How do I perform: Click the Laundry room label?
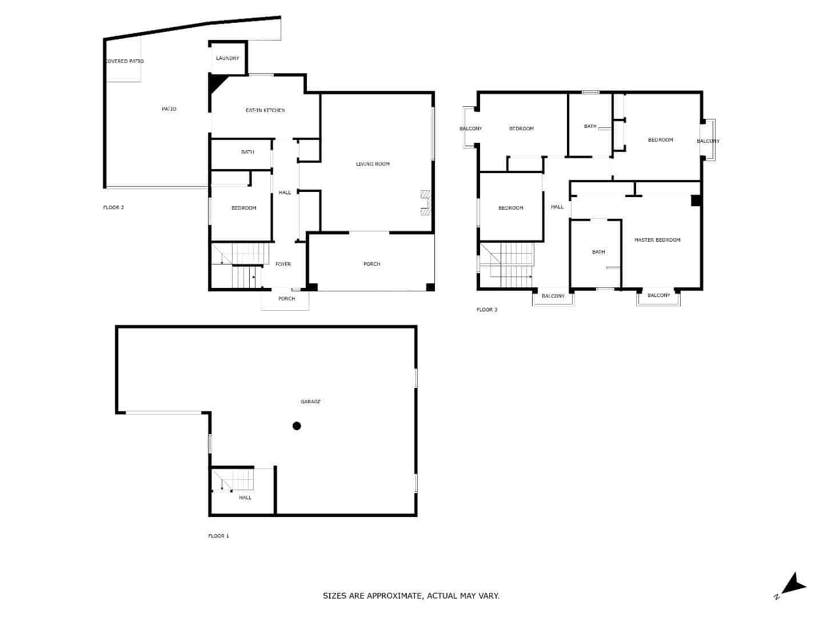pyautogui.click(x=227, y=58)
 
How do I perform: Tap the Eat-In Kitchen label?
pyautogui.click(x=265, y=110)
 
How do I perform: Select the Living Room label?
pyautogui.click(x=373, y=164)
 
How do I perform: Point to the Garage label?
pyautogui.click(x=310, y=402)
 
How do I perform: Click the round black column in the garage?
pyautogui.click(x=297, y=426)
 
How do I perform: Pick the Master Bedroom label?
pyautogui.click(x=657, y=240)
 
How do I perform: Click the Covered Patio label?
pyautogui.click(x=125, y=61)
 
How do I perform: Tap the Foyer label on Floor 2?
pyautogui.click(x=283, y=264)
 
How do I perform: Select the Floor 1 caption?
pyautogui.click(x=218, y=536)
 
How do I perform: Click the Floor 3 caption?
pyautogui.click(x=487, y=310)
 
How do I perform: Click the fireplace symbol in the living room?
pyautogui.click(x=425, y=203)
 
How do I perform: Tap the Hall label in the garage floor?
pyautogui.click(x=245, y=498)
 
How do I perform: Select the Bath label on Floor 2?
pyautogui.click(x=247, y=152)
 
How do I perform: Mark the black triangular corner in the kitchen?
pyautogui.click(x=217, y=84)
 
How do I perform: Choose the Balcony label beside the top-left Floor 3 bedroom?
pyautogui.click(x=470, y=129)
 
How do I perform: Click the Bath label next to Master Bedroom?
pyautogui.click(x=598, y=252)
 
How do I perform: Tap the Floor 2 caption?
pyautogui.click(x=113, y=207)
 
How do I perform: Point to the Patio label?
pyautogui.click(x=169, y=109)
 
